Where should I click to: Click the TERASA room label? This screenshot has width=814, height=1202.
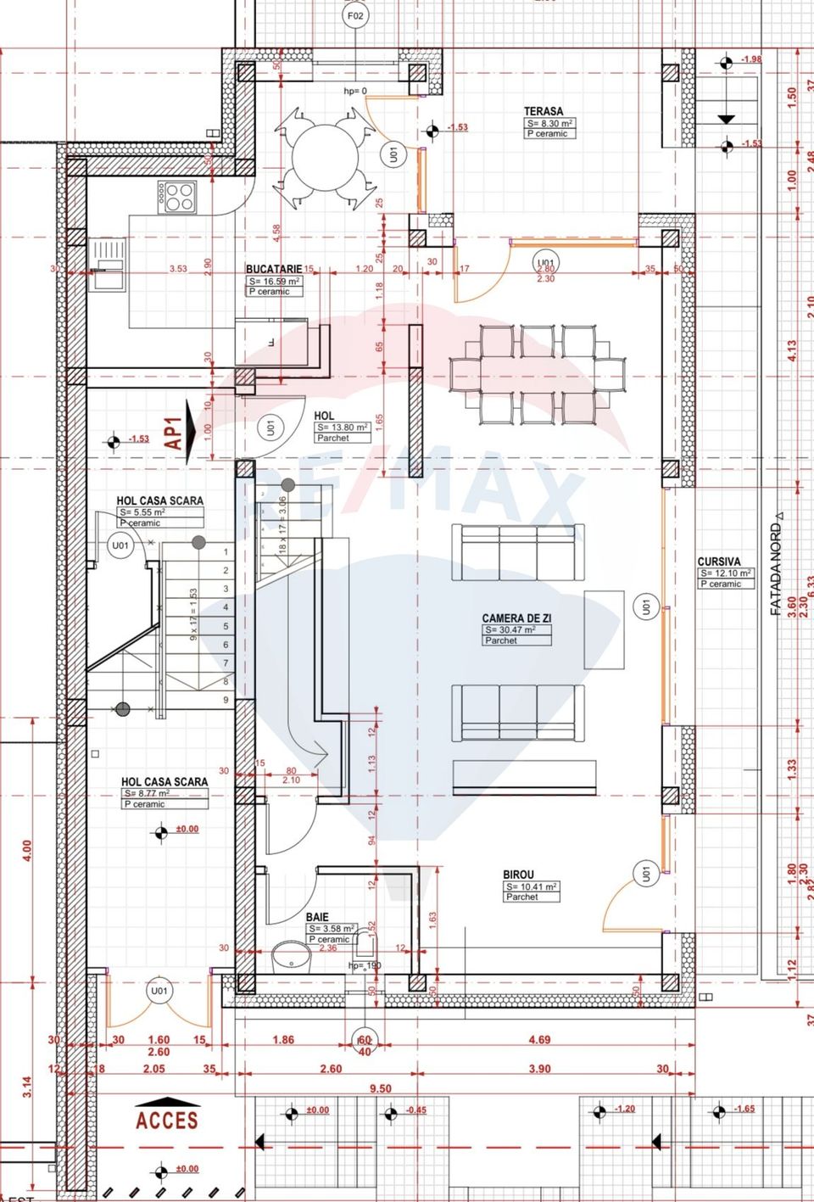543,111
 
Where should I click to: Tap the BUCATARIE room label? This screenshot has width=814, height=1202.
273,269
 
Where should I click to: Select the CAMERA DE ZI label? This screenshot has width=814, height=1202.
516,618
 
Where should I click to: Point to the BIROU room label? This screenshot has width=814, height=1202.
518,875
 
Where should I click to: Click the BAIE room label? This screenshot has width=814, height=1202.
317,917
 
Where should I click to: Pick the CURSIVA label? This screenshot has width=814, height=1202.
719,562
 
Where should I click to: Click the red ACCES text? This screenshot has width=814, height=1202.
167,1121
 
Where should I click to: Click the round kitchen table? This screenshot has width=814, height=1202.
326,159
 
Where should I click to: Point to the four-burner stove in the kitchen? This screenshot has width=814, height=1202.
179,196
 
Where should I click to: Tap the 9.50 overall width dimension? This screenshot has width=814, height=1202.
381,1088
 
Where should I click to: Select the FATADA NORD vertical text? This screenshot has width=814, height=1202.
775,564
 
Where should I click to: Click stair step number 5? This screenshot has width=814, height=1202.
226,626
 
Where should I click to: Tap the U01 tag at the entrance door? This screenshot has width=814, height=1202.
159,991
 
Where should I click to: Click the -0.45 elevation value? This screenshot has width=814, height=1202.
415,1110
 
